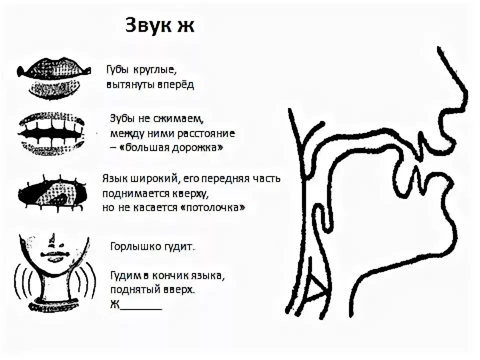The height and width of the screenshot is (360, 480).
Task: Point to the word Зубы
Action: (x=123, y=119)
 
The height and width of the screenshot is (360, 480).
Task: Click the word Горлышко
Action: (x=132, y=247)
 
